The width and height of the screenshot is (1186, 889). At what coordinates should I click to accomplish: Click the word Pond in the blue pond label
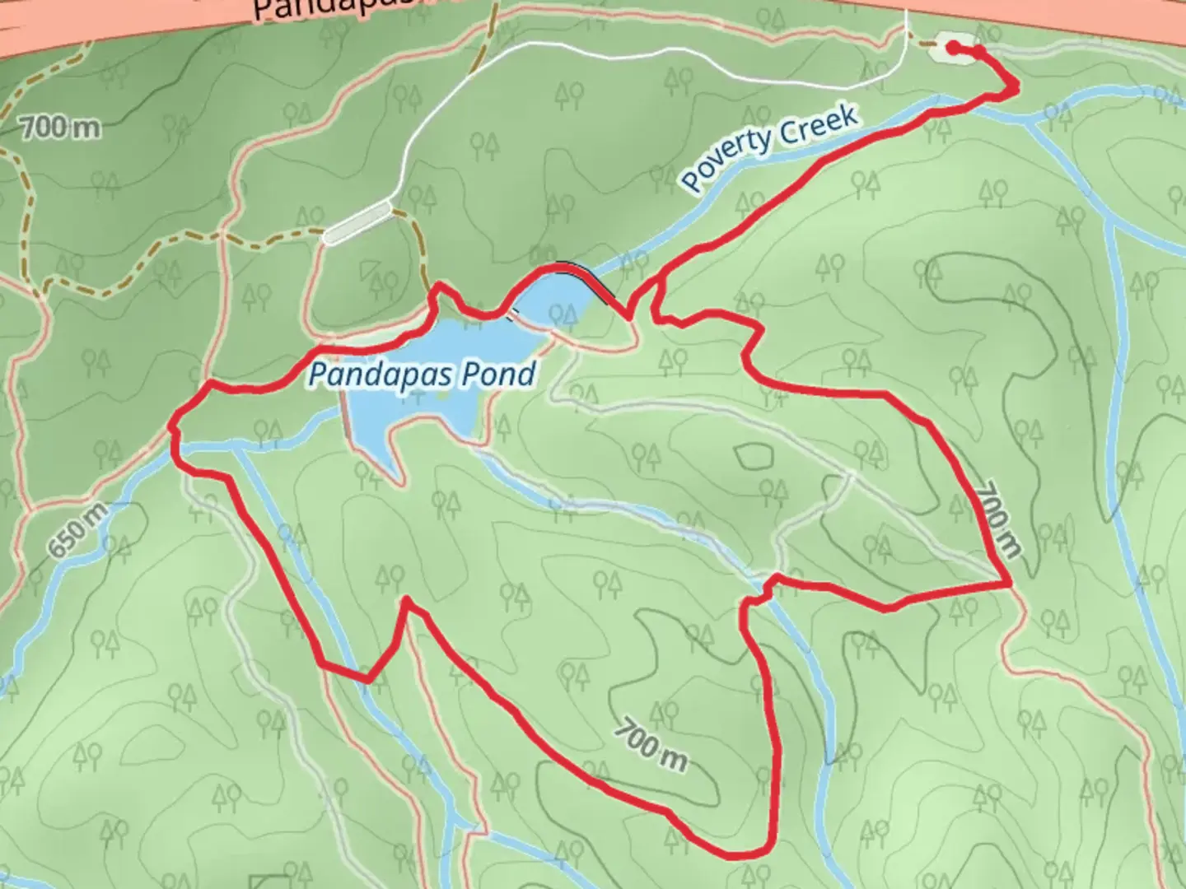[499, 375]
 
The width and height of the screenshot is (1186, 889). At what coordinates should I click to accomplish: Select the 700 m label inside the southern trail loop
[650, 745]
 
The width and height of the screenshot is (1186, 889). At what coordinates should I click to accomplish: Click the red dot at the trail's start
[953, 48]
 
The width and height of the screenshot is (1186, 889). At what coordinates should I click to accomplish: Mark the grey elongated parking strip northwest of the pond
[357, 222]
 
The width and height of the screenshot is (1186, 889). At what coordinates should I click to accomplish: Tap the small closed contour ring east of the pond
[754, 455]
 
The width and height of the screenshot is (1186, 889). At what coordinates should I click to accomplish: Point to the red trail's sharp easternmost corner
[1010, 584]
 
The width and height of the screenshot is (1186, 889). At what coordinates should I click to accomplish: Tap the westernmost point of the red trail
[171, 427]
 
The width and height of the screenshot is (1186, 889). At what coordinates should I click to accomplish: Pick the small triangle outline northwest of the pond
[368, 269]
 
